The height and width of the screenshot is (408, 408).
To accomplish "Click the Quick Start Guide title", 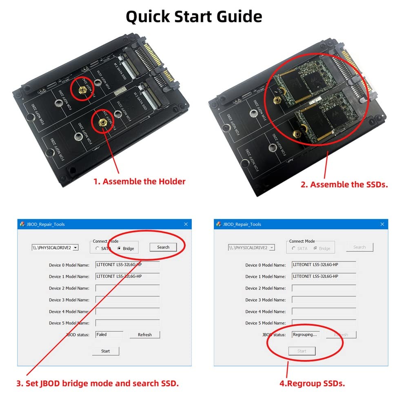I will coord(194,17).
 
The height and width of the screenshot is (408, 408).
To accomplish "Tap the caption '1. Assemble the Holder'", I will coord(140,182).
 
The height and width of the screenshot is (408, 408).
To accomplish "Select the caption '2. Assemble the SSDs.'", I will coord(344,184).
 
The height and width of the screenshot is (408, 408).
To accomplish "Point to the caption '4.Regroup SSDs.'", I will coord(313,384).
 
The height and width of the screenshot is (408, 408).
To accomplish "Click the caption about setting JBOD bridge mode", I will coord(97,384).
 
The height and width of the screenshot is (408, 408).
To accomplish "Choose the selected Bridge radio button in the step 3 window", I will coord(119,248).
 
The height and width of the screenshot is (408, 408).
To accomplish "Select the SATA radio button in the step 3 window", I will coord(98,248).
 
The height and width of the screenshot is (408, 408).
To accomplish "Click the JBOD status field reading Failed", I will coord(109,335).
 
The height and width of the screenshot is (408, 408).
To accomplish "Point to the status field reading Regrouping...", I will coord(306,335).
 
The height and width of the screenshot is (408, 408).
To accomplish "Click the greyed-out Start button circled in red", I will coord(302,351).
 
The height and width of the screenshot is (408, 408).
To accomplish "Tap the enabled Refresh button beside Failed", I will coord(144,335).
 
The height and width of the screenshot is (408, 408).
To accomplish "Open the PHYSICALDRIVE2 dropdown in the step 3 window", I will coord(75,248).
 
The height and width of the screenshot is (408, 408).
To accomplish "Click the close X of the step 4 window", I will coord(382,224).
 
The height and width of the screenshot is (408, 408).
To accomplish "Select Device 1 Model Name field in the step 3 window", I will coord(127,276).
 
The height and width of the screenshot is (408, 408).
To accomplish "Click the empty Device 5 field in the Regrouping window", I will coord(324,323).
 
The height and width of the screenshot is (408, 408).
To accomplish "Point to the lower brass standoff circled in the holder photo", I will coord(102,122).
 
